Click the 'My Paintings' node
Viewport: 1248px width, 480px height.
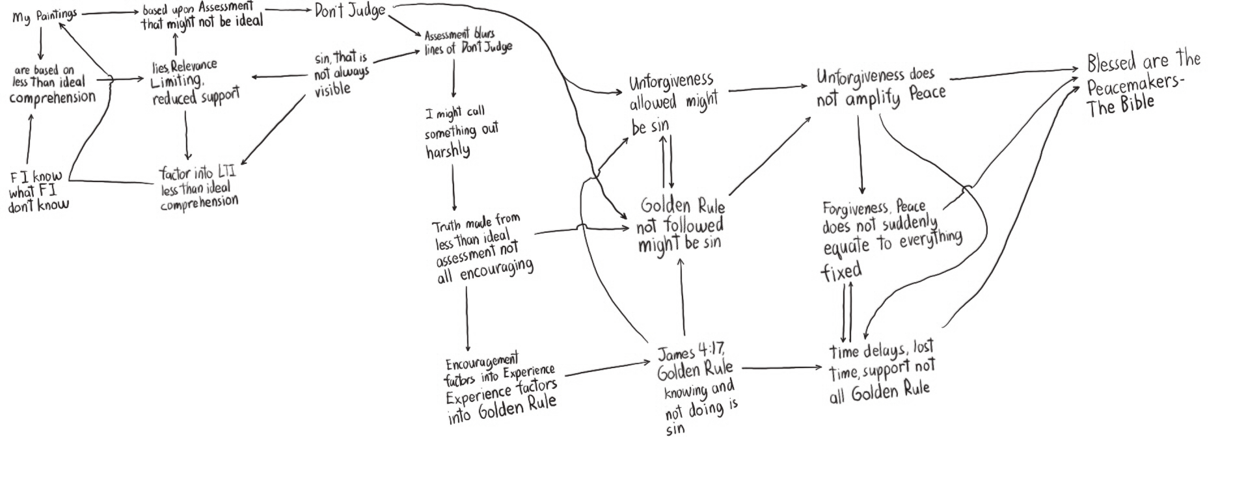point(44,16)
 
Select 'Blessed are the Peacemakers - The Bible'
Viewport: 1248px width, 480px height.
point(1143,85)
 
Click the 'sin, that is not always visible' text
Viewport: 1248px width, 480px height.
point(341,74)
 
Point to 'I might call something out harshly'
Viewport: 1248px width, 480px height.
point(461,132)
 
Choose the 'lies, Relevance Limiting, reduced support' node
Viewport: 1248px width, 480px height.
point(195,83)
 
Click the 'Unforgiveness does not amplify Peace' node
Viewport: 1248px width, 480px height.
point(880,87)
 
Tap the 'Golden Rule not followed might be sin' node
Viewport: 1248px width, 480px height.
point(681,225)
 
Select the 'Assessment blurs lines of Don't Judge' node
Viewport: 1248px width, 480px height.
point(467,42)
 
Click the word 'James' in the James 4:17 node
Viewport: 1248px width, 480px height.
point(675,354)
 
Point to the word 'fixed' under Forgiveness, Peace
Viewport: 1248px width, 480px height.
point(841,271)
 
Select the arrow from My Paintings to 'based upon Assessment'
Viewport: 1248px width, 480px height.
point(109,13)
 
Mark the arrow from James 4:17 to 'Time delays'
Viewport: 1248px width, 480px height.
point(781,368)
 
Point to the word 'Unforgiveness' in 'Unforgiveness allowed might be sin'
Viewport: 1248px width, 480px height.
point(671,82)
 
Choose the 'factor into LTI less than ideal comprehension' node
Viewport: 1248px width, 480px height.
point(198,189)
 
